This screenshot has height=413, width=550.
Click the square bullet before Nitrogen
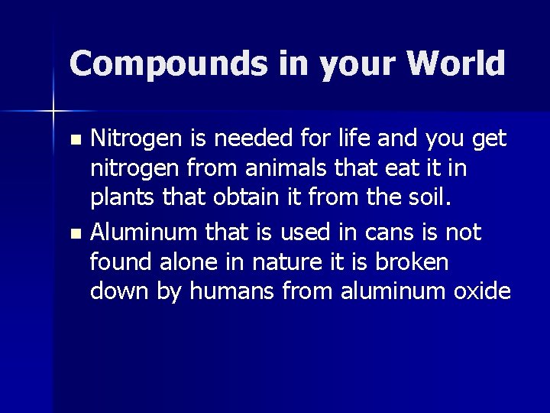click(x=74, y=140)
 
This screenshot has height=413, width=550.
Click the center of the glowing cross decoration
click(x=53, y=112)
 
